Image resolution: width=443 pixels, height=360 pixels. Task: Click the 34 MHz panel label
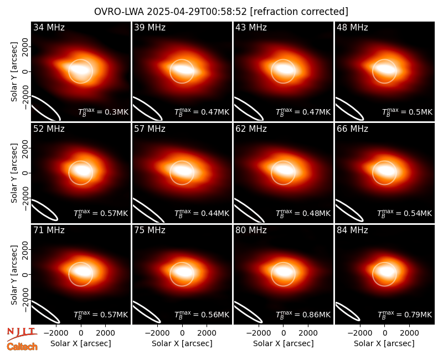click(x=49, y=27)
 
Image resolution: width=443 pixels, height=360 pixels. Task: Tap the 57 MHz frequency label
click(x=150, y=129)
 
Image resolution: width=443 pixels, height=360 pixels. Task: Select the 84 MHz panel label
click(x=352, y=230)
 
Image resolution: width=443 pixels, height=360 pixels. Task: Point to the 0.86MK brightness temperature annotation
click(x=303, y=315)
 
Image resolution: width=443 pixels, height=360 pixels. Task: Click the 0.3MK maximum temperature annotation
click(x=104, y=112)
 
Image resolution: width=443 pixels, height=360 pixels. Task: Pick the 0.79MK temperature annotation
click(x=405, y=315)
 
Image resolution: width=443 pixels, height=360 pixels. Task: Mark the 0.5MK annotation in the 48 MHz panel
click(x=407, y=112)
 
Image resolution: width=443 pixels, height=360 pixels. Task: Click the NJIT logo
click(x=22, y=333)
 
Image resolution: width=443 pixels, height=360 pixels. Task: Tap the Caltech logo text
click(x=22, y=347)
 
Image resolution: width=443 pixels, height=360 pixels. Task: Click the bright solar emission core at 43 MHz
click(x=284, y=69)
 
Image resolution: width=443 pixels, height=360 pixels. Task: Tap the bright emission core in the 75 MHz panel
click(x=182, y=271)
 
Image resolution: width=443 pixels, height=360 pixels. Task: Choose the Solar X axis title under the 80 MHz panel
click(x=284, y=343)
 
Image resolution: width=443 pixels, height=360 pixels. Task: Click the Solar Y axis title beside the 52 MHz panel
click(x=14, y=173)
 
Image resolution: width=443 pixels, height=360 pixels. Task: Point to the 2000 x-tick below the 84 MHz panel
click(x=409, y=333)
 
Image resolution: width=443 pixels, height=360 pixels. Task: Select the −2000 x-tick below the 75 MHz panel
click(x=157, y=333)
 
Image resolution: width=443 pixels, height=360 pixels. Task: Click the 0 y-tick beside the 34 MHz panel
click(x=25, y=71)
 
